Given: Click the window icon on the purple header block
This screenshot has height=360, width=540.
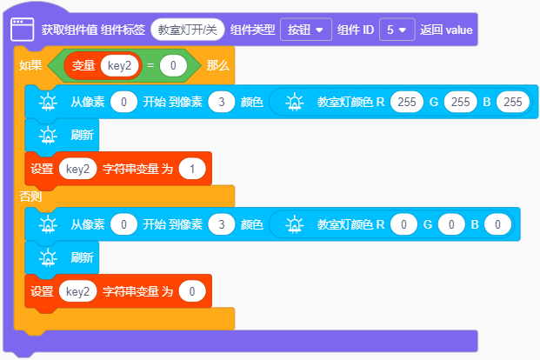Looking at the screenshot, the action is (22, 30).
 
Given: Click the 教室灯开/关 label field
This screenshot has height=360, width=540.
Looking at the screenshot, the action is (187, 30).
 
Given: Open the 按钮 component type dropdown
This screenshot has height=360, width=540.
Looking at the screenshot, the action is (306, 30).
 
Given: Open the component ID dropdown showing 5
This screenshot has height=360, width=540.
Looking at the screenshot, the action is (397, 30).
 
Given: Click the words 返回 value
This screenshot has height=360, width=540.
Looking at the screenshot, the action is (446, 30).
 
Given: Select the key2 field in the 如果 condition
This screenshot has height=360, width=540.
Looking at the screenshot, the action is (119, 65).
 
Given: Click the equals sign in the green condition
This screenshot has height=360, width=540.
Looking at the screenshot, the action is (150, 65).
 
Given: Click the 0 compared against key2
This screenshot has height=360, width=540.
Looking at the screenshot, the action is (173, 65).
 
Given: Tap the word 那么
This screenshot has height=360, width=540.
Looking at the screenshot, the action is (217, 65).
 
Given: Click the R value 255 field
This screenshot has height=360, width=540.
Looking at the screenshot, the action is (407, 102).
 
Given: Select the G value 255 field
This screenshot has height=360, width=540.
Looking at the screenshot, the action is (461, 102).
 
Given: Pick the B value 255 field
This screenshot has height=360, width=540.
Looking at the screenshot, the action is (513, 102).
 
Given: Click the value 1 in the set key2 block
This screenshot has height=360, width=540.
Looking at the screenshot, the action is (192, 169).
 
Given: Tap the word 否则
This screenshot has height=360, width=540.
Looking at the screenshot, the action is (30, 197).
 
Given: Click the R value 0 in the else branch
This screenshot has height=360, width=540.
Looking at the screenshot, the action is (403, 224).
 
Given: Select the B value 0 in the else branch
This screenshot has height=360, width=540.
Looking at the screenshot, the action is (497, 224).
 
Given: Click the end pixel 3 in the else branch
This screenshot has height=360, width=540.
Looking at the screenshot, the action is (222, 224).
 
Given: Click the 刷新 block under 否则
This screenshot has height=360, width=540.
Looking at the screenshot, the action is (62, 257).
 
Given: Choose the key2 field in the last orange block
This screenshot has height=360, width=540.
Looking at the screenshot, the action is (78, 291).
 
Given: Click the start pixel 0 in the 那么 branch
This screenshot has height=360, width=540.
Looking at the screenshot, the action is (123, 102).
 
